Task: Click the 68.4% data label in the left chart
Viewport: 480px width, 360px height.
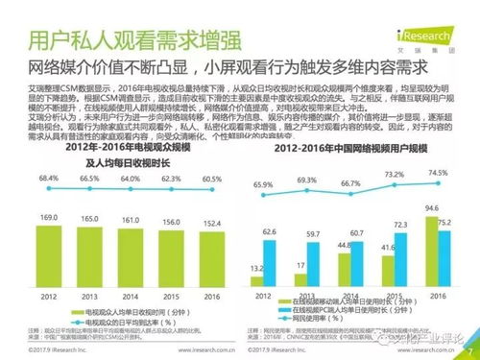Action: pyautogui.click(x=45, y=179)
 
